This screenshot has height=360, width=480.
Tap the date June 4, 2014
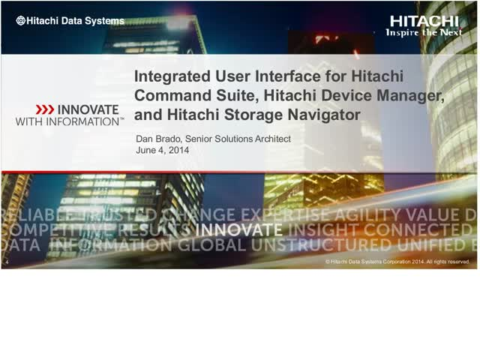point(161,151)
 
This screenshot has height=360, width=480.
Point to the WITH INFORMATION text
point(69,121)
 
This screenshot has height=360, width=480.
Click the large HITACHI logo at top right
point(424,21)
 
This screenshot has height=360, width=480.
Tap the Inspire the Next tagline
point(424,33)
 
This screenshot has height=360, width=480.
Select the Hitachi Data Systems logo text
point(70,21)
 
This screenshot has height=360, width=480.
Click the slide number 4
point(6,262)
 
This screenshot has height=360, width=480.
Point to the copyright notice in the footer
point(397,262)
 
